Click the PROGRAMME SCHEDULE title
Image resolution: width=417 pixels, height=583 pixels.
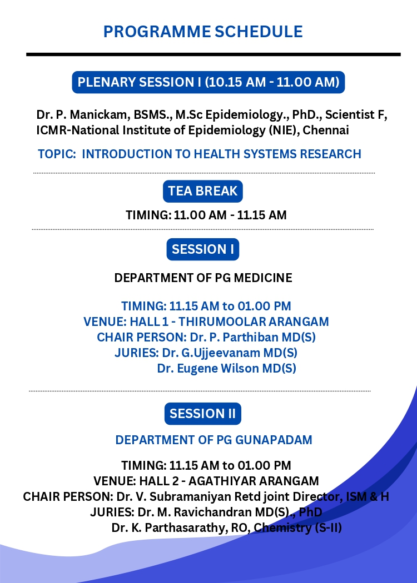click(203, 32)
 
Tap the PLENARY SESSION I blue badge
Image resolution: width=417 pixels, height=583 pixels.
click(208, 82)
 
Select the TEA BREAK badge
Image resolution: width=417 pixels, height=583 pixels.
click(203, 191)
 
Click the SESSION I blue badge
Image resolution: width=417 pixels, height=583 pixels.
click(203, 249)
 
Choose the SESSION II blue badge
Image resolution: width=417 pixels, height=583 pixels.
click(203, 414)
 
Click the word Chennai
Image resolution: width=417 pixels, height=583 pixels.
click(326, 130)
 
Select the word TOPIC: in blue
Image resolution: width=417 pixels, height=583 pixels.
click(57, 154)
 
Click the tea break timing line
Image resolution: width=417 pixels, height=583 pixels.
click(206, 215)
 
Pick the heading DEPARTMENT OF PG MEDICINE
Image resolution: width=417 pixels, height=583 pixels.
click(203, 278)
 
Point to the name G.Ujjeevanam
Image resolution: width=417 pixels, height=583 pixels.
click(220, 353)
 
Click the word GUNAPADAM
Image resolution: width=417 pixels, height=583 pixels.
click(274, 440)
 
